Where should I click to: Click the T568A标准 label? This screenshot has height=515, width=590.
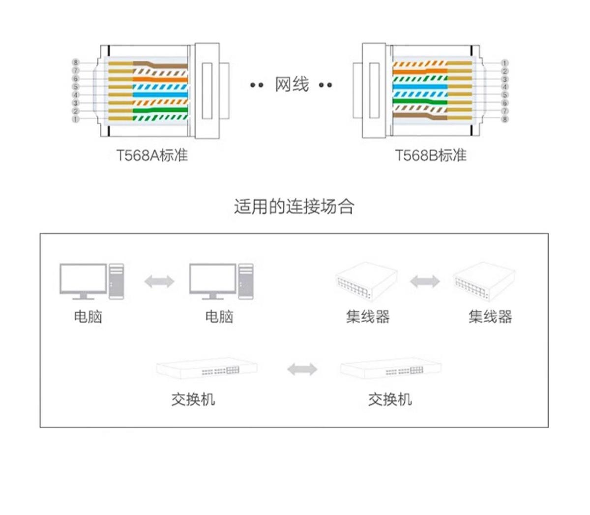coord(152,155)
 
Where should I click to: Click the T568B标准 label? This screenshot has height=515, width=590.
coord(430,155)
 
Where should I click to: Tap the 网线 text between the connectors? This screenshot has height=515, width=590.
coord(292,85)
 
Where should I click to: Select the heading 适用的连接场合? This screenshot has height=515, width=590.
coord(294,206)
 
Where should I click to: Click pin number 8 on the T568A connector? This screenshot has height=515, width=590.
coord(76,62)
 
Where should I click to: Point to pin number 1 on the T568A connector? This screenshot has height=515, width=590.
coord(76,119)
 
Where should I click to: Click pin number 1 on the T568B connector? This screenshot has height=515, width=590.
coord(505,63)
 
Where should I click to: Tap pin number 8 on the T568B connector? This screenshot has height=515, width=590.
coord(505,119)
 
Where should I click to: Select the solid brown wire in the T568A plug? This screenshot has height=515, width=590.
coord(162,64)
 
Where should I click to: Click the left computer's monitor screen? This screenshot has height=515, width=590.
coord(83,278)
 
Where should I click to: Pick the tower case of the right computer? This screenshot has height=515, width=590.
coord(246,281)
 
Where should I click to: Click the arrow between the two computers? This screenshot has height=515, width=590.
coord(159,281)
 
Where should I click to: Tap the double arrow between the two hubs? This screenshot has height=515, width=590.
coord(425,281)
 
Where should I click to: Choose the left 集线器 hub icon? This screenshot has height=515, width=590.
coord(366,284)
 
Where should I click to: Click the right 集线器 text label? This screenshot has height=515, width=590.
coord(490,316)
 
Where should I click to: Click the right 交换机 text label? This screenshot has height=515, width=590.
coord(390,399)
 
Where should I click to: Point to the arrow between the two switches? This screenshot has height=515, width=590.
coord(302,369)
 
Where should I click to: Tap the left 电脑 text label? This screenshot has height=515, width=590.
coord(88,316)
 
